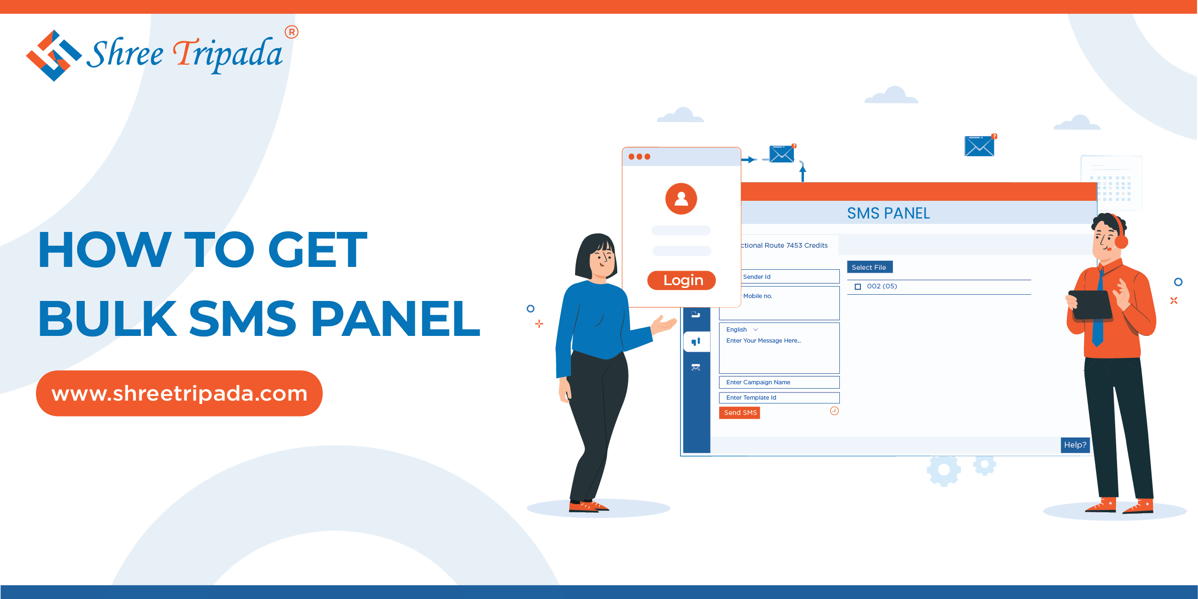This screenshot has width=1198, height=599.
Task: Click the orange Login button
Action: pos(681,280)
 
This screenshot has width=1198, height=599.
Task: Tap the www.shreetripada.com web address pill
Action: pos(179,393)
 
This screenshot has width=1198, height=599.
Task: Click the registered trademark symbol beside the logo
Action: pos(292,32)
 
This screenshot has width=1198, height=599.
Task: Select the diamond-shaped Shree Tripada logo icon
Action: pos(54,56)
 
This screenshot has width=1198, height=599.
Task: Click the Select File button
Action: pos(870,267)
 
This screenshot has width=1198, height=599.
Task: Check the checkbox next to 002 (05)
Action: pos(858,287)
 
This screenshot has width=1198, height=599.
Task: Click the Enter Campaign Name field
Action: pos(779,382)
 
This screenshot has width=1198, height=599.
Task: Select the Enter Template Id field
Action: pos(779,398)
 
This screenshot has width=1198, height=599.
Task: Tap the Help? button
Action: pos(1075,445)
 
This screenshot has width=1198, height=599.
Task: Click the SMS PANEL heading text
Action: pos(888,213)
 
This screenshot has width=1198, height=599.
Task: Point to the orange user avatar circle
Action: pos(681,199)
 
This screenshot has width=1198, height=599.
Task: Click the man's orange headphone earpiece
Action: pos(1121,242)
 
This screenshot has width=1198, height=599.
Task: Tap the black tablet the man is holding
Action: pos(1090,305)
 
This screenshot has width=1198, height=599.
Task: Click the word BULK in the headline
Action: pos(108,318)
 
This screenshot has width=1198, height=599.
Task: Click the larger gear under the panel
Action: pos(944,470)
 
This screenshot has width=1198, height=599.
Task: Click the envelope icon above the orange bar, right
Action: pos(979,146)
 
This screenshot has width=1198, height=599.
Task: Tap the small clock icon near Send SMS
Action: pos(834,411)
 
